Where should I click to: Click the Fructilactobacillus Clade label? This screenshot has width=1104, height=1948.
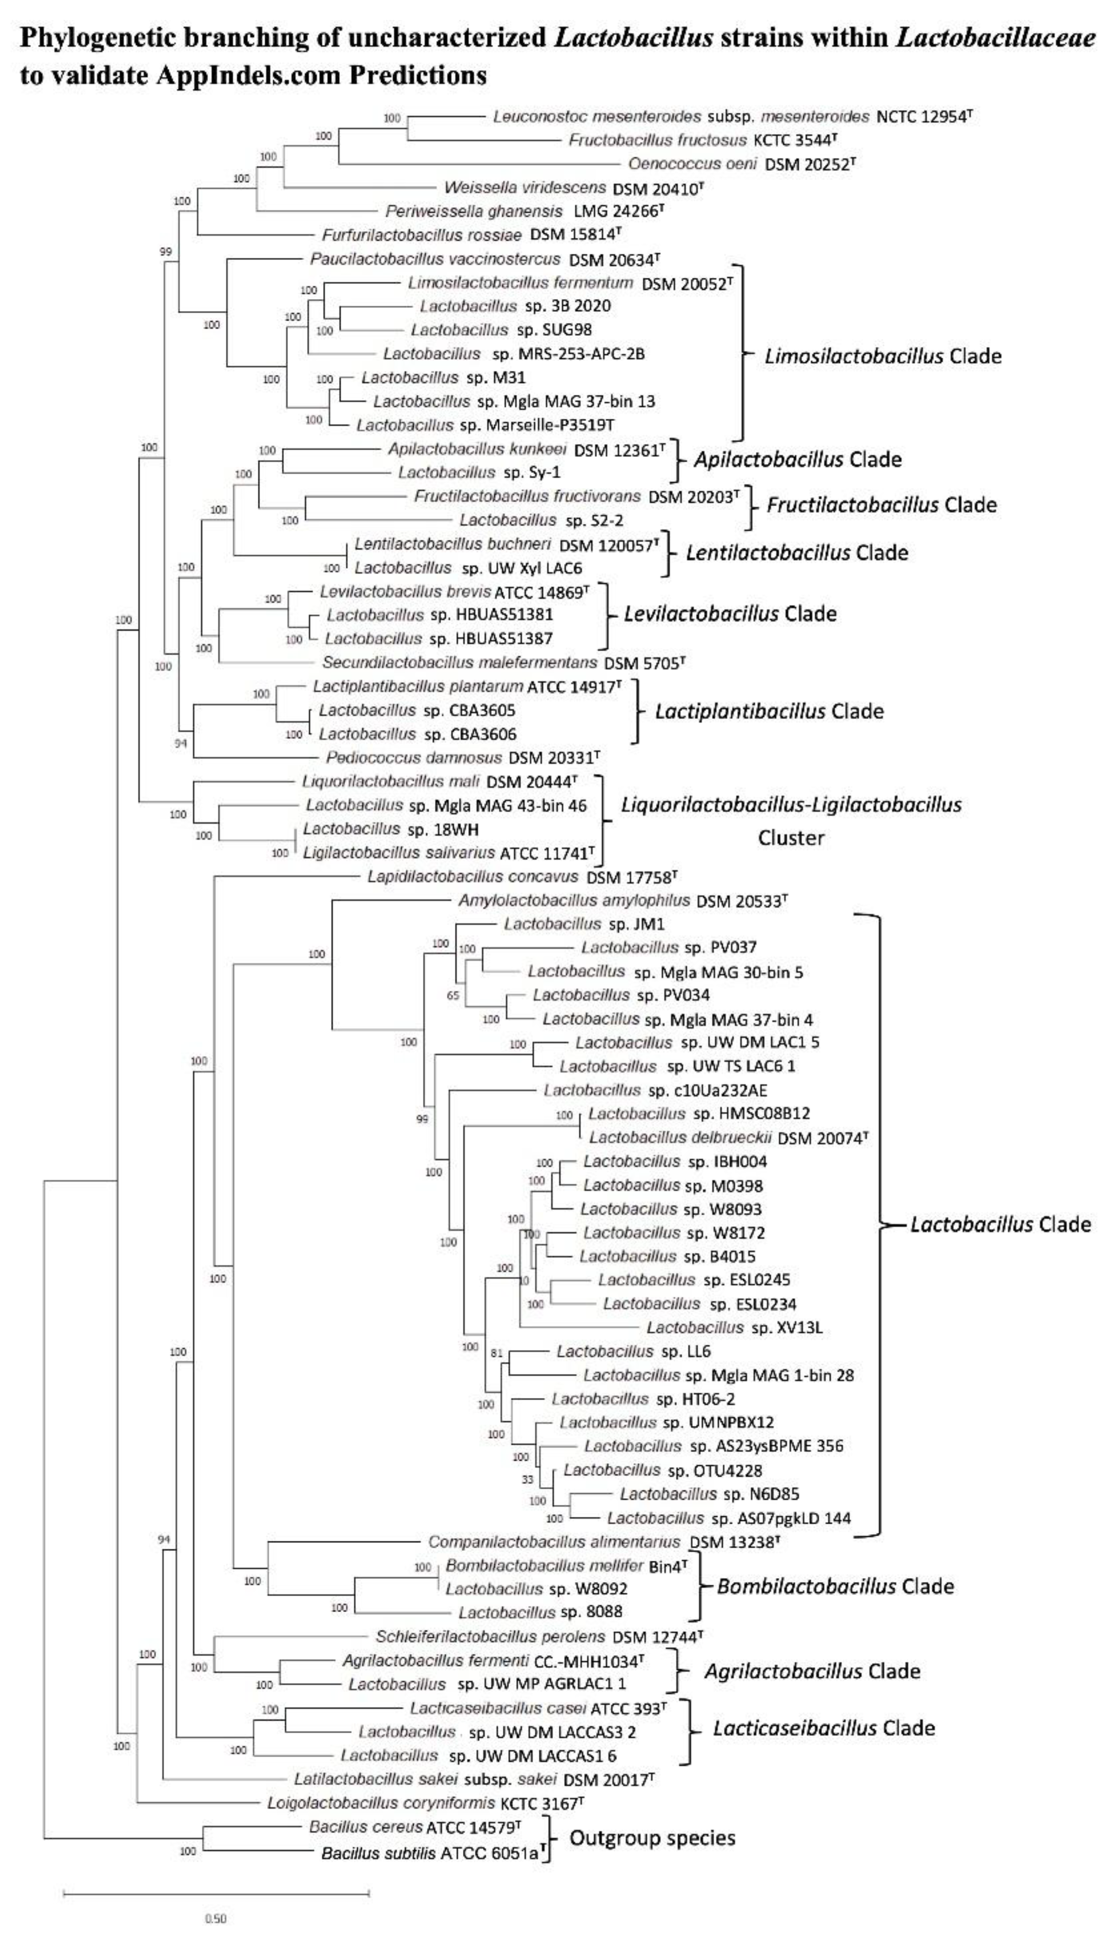pos(881,505)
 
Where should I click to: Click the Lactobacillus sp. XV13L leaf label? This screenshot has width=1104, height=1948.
pos(734,1327)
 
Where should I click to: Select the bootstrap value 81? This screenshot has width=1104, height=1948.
pos(497,1353)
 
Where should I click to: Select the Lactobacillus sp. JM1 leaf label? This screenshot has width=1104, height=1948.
pos(584,924)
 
